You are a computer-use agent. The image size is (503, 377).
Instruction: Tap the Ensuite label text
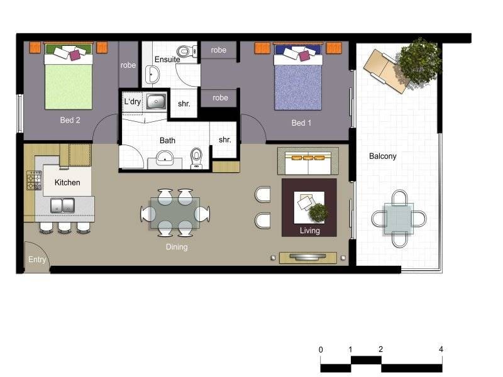[x=167, y=60]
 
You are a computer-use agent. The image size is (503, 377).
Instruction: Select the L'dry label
[x=132, y=101]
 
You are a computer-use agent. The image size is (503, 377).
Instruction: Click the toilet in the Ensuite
[x=184, y=50]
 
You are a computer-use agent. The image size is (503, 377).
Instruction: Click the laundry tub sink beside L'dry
[x=156, y=101]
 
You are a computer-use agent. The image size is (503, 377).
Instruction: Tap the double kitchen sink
[x=63, y=204]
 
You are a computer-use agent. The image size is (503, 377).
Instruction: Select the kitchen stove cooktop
[x=33, y=181]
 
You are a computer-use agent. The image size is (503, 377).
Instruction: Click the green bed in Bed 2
[x=69, y=82]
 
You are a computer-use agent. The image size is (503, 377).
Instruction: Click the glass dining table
[x=175, y=214]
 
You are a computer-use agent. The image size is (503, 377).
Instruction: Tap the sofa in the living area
[x=308, y=161]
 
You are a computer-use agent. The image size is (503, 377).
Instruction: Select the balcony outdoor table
[x=399, y=219]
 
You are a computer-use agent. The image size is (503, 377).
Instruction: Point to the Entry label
[x=37, y=259]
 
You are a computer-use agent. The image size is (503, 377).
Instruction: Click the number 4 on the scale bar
[x=441, y=349]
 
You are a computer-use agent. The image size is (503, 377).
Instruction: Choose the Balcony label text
[x=383, y=156]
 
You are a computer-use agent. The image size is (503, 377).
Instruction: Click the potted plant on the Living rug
[x=319, y=213]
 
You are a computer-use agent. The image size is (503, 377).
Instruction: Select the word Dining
[x=177, y=247]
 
